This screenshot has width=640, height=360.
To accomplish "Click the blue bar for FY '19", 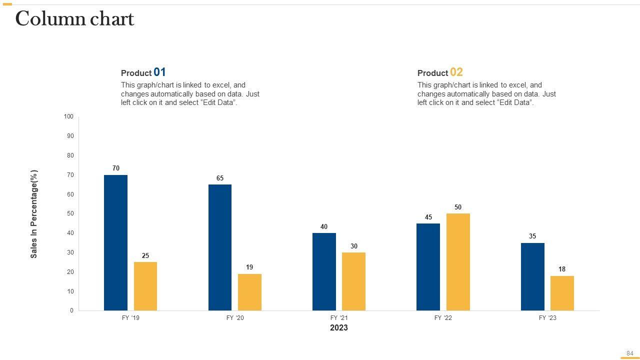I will coord(115,242).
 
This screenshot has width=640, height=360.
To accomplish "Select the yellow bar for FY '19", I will coord(145,286).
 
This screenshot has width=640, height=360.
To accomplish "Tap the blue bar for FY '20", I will coord(220,247).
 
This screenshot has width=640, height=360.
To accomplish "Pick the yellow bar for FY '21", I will coord(353,281).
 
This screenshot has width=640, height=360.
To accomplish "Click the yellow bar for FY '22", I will coord(458,262).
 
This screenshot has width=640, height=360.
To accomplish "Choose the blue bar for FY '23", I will coord(532,276).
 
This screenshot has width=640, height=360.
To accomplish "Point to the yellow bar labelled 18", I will coord(562,293).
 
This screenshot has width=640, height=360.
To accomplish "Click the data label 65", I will coord(220,178).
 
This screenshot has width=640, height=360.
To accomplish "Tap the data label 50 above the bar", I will coord(458,207).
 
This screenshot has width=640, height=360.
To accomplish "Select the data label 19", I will coord(249,267).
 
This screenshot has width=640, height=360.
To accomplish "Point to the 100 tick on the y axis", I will coord(68,117).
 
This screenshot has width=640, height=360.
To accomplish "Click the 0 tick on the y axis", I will coord(71,310).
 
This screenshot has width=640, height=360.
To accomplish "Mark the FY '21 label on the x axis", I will coord(338,318).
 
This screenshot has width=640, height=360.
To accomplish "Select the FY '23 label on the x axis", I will coord(547,318).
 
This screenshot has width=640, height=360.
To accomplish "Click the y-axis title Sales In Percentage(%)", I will coord(34,214).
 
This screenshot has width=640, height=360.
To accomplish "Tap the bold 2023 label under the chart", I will coord(338,328).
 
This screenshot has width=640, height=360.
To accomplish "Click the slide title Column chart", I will coord(75,19).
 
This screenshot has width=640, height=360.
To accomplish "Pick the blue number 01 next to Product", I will coord(159,72).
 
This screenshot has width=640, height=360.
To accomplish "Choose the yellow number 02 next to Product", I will coord(456,72).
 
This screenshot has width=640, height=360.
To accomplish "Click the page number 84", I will coord(629,353).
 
